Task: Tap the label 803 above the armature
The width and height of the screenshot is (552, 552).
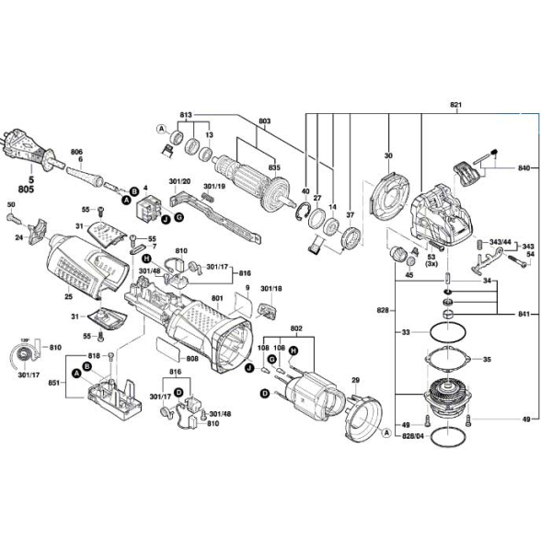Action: click(x=265, y=122)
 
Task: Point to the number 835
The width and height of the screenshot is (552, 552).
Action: click(x=274, y=167)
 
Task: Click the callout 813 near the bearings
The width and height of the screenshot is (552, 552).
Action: click(x=187, y=116)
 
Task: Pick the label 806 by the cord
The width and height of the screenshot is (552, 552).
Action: click(x=77, y=151)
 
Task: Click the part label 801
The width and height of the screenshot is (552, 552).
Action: click(x=217, y=298)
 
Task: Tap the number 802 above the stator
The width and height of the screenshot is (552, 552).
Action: click(x=296, y=328)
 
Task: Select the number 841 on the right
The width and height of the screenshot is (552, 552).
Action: click(x=525, y=314)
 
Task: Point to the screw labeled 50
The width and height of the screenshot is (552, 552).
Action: click(x=13, y=218)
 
